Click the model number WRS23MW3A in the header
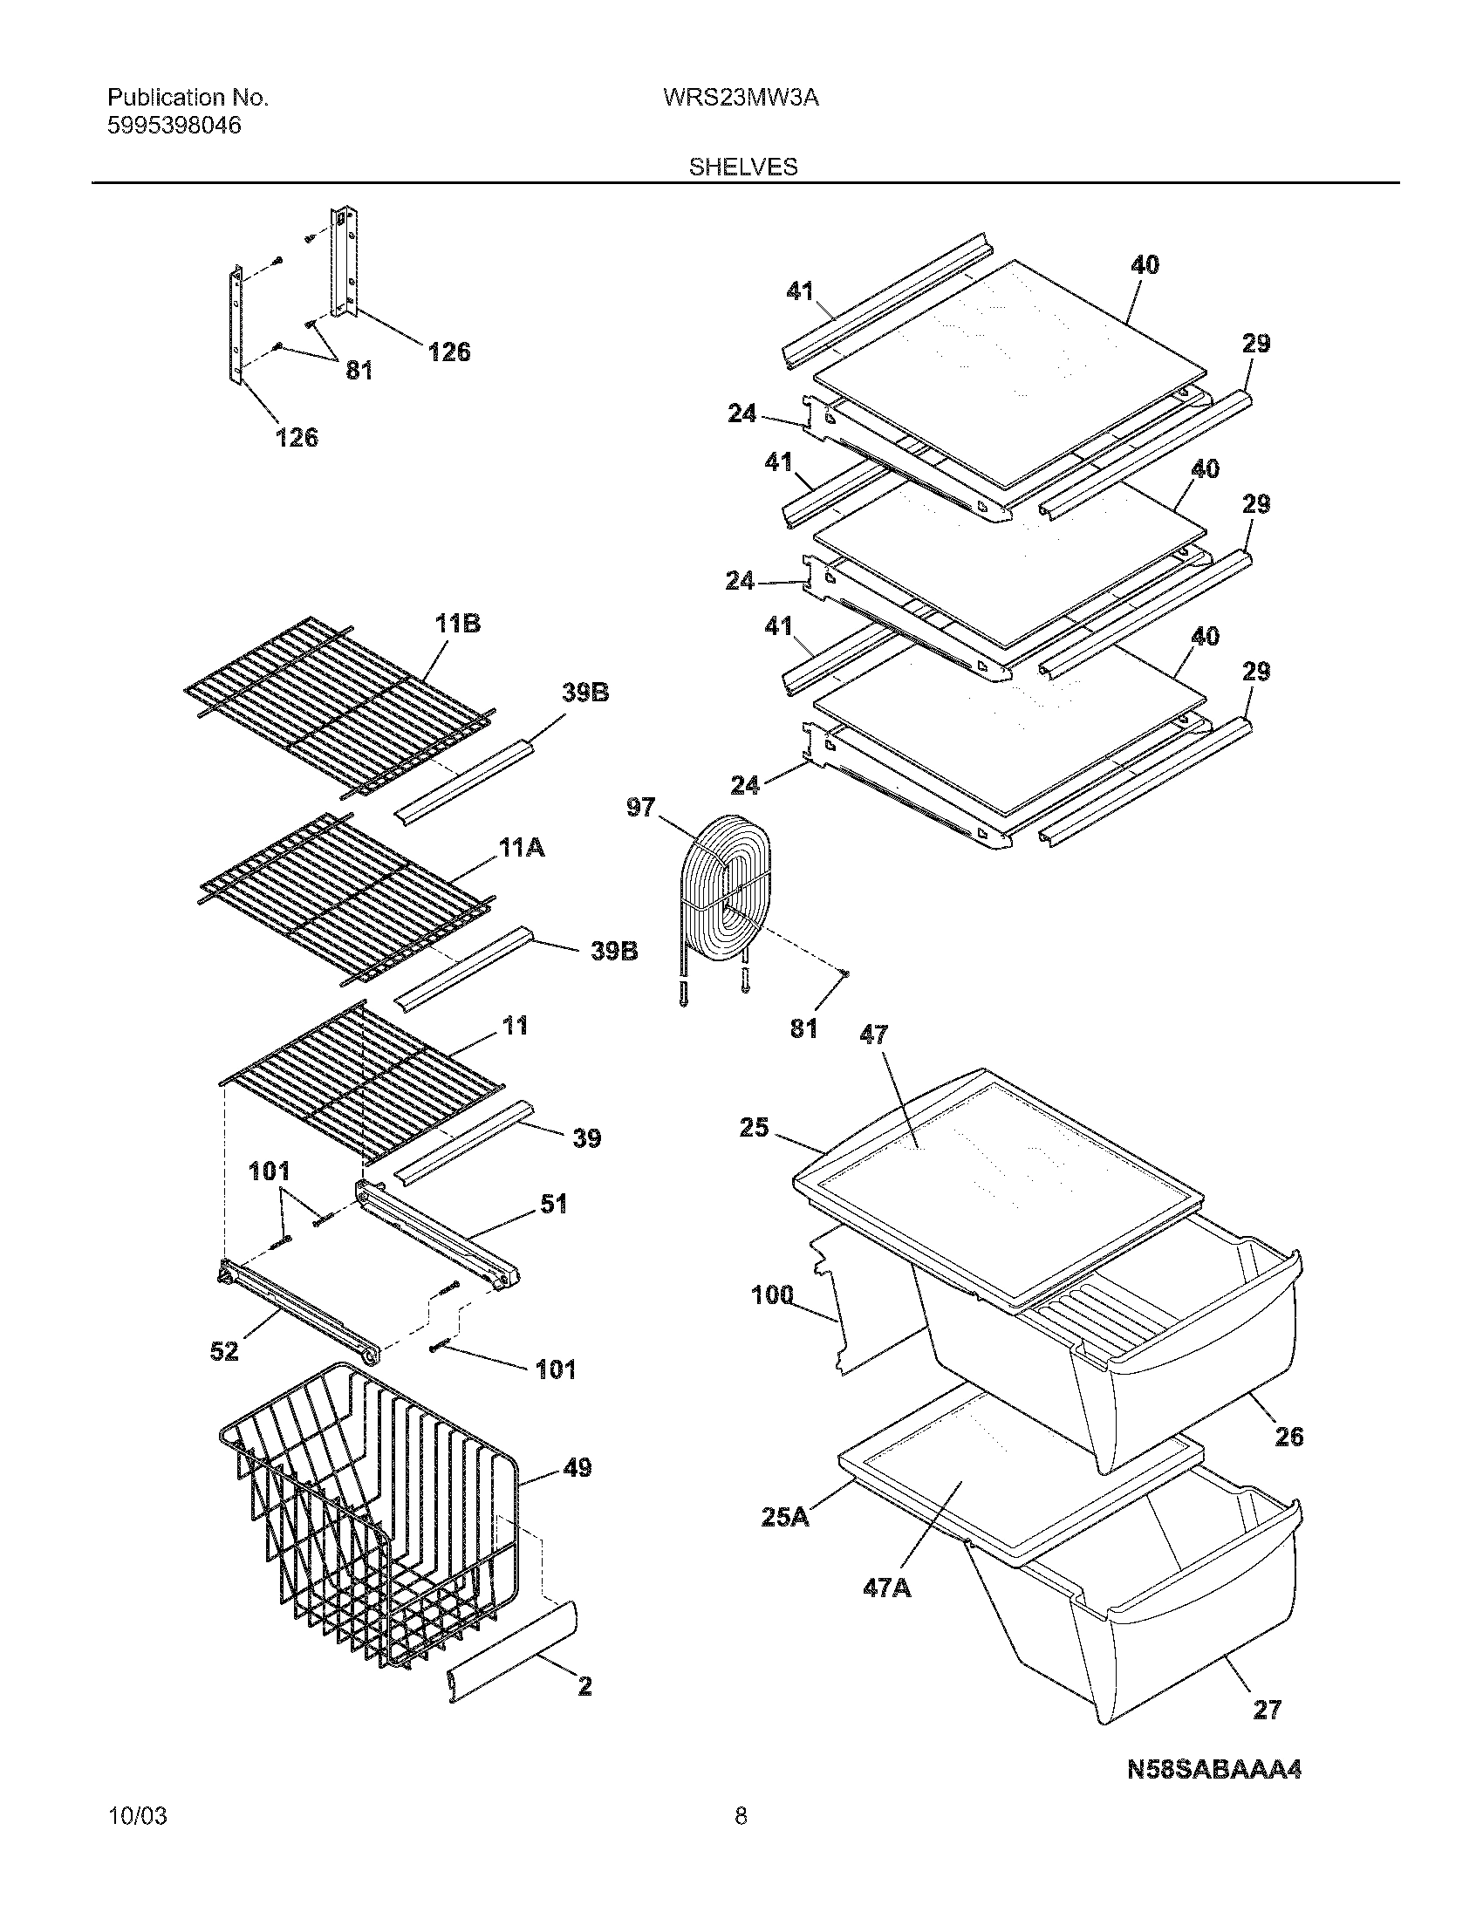741,99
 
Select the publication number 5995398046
174,126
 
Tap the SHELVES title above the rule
742,167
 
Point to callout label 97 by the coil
640,807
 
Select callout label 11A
521,848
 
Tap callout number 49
577,1467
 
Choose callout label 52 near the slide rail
224,1351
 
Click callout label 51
552,1204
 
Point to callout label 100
772,1294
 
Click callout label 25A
785,1517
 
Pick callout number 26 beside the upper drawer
1288,1437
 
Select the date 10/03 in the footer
136,1840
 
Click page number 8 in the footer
741,1840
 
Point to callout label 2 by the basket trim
584,1686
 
